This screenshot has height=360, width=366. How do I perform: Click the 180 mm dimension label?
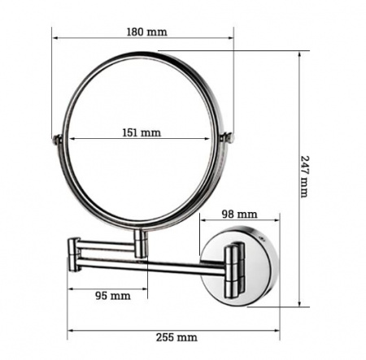coord(147,32)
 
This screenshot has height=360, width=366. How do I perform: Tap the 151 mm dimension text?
coord(142,132)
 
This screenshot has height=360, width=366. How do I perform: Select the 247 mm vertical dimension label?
coord(305,176)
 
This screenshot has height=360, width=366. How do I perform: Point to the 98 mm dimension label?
coord(239,215)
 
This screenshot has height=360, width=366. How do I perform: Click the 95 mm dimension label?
coord(113,296)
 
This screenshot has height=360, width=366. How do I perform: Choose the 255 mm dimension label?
coord(176,337)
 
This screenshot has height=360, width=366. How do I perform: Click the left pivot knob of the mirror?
coord(57,139)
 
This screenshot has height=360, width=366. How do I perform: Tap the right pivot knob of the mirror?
coord(228,137)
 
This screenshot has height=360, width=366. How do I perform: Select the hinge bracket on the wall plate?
coord(234,270)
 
